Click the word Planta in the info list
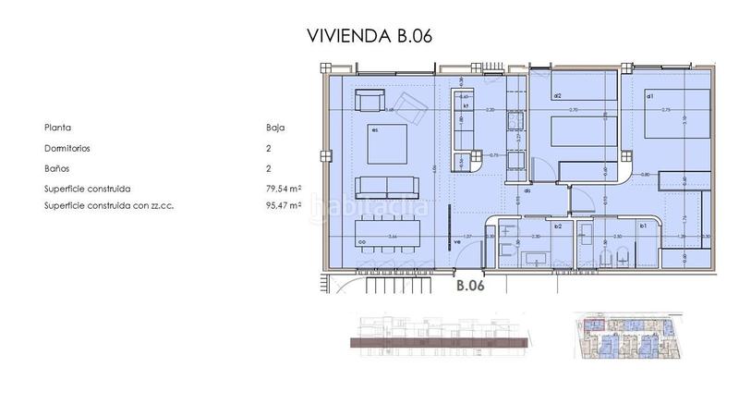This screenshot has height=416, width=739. point(57,128)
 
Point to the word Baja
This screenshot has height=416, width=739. point(273,128)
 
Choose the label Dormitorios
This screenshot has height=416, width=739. point(67,148)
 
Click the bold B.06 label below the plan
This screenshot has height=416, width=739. point(471,286)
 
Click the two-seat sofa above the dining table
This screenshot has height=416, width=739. point(388,186)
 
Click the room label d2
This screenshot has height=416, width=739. point(558,96)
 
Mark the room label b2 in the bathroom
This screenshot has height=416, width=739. point(558,226)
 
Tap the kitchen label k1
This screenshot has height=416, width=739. point(466,106)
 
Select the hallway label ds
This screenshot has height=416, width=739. point(527,191)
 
